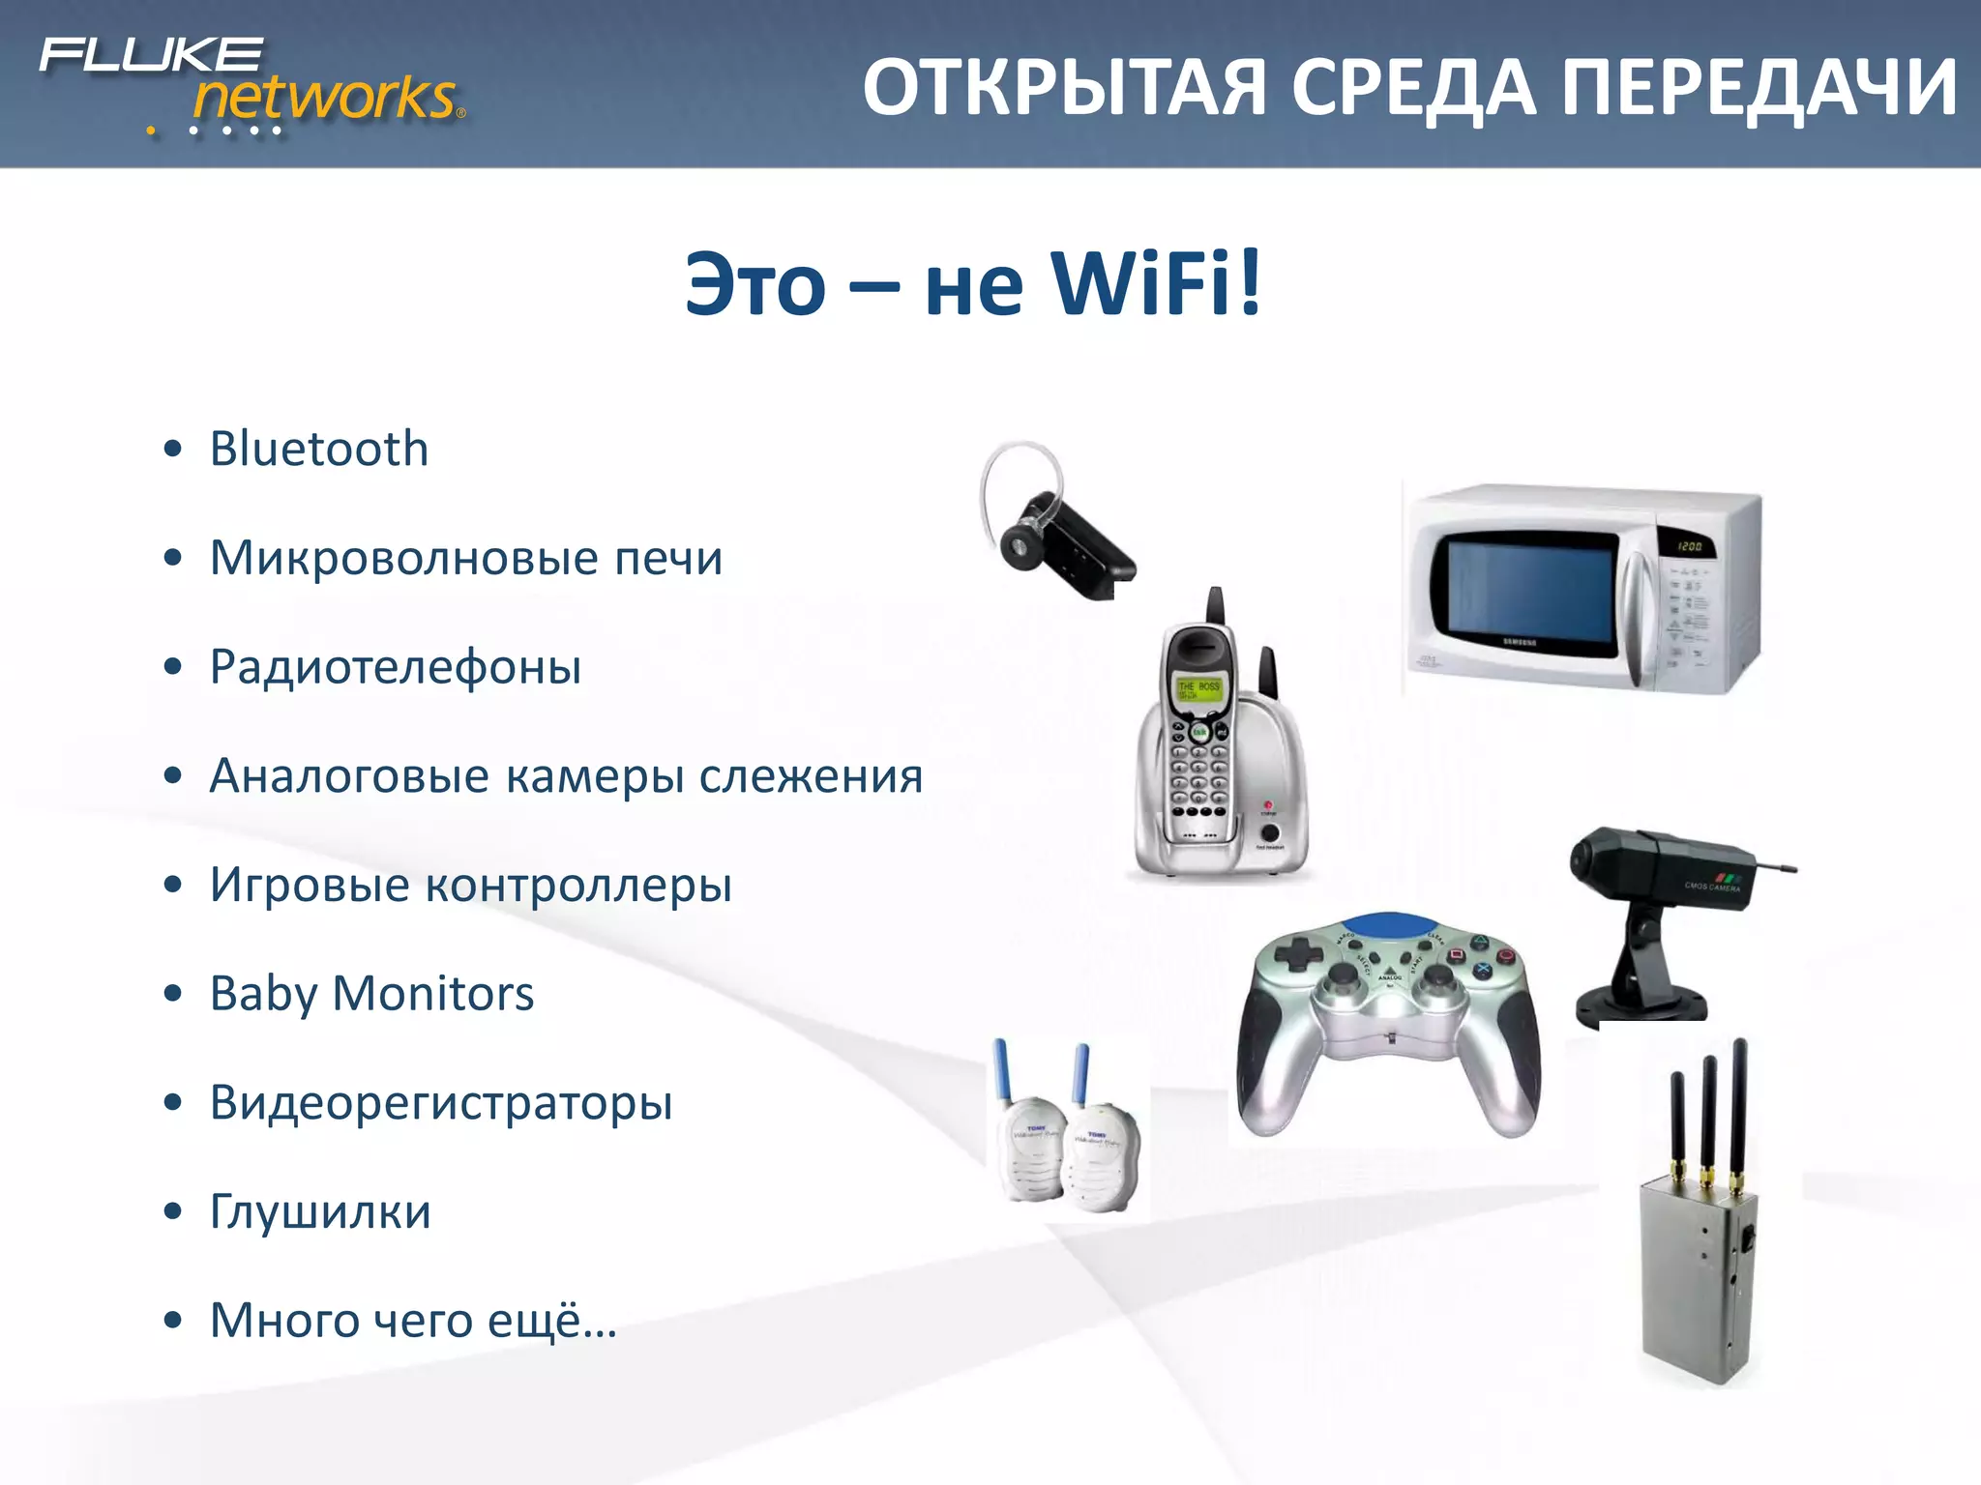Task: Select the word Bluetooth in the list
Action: (x=319, y=449)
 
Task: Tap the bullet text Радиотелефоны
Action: (x=396, y=667)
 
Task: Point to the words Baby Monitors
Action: (x=371, y=994)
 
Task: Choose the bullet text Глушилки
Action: (x=320, y=1211)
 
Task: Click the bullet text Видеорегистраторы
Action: (x=441, y=1102)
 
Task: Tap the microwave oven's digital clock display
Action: (x=1689, y=546)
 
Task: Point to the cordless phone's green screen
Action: (x=1197, y=689)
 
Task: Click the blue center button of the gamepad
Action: (x=1389, y=925)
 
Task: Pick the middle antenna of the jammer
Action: (x=1708, y=1112)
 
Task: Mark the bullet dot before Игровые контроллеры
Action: (x=173, y=885)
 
